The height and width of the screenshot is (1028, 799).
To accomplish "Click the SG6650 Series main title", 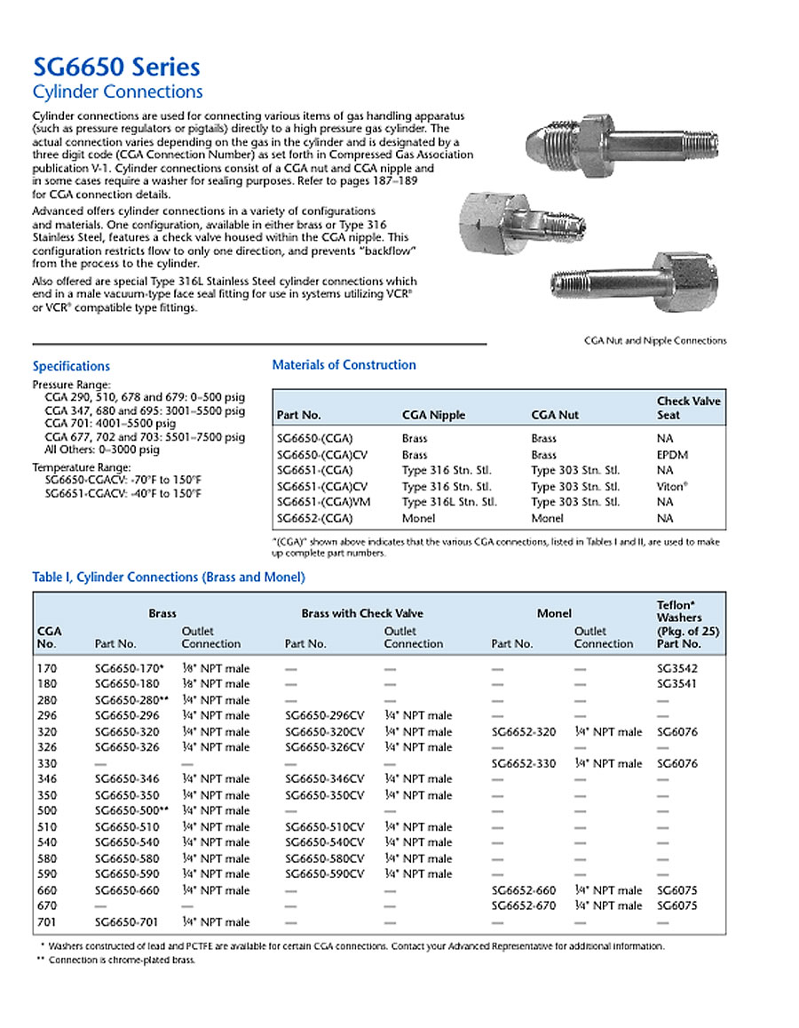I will click(x=115, y=67).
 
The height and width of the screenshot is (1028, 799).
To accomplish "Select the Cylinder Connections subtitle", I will click(x=117, y=92).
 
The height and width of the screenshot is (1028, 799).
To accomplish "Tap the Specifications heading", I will click(x=71, y=366).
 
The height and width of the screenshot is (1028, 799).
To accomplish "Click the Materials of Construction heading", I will click(x=344, y=364).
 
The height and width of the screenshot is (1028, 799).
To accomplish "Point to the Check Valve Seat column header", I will click(x=688, y=408).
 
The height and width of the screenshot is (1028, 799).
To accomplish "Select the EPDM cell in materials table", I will click(x=672, y=454).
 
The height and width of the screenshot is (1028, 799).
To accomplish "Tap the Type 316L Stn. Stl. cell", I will click(x=449, y=502).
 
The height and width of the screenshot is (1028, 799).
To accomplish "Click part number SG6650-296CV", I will click(x=324, y=715).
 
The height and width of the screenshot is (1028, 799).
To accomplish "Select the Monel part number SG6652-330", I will click(x=523, y=763).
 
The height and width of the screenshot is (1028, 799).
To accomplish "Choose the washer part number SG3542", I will click(x=678, y=668).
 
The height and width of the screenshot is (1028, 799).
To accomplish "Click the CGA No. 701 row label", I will click(x=46, y=921).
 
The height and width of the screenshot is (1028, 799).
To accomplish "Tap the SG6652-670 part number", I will click(x=523, y=905).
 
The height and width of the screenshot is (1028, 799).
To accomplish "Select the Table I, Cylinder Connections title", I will click(x=169, y=578).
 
